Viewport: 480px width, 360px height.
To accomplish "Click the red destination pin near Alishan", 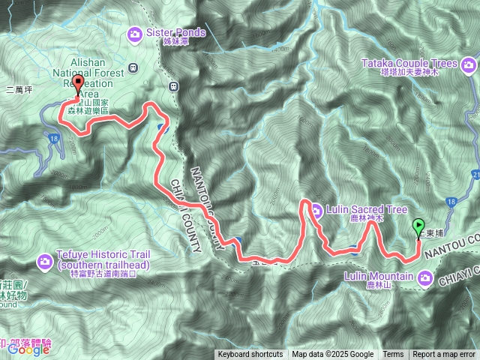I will point(78,85).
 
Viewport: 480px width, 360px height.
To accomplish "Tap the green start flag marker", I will point(418,226).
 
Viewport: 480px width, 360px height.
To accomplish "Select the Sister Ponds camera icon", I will point(135,33).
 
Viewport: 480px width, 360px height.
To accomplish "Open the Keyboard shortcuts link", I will point(250,355).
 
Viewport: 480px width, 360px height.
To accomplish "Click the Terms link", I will point(393,355).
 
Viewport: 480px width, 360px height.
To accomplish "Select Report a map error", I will point(444,355).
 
